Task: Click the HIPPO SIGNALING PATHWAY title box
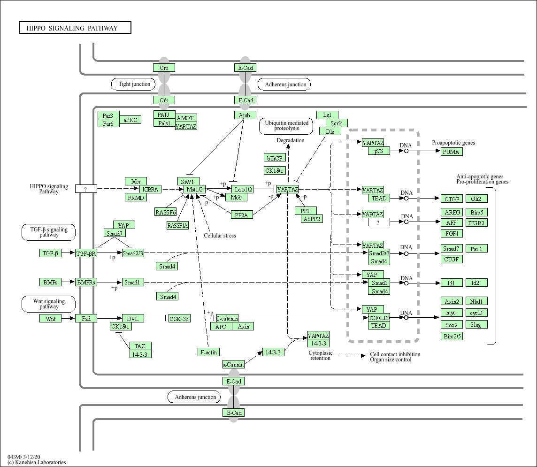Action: coord(75,28)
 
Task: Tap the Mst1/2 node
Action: coord(195,189)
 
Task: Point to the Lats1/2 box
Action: coord(243,189)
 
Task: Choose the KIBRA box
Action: coord(151,189)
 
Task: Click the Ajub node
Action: coord(245,115)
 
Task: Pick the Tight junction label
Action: coord(134,84)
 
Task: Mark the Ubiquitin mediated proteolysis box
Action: coord(286,125)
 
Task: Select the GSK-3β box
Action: coord(179,319)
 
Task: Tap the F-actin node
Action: coord(208,352)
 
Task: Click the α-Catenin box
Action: coord(233,364)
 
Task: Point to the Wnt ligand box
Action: coord(51,319)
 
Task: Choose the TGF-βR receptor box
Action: coord(86,253)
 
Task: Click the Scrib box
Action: coord(337,123)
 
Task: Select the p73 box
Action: coord(379,151)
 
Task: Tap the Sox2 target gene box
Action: coord(452,324)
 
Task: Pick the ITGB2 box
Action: coord(476,223)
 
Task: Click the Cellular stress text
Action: coord(220,236)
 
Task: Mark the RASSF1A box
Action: coord(177,226)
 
